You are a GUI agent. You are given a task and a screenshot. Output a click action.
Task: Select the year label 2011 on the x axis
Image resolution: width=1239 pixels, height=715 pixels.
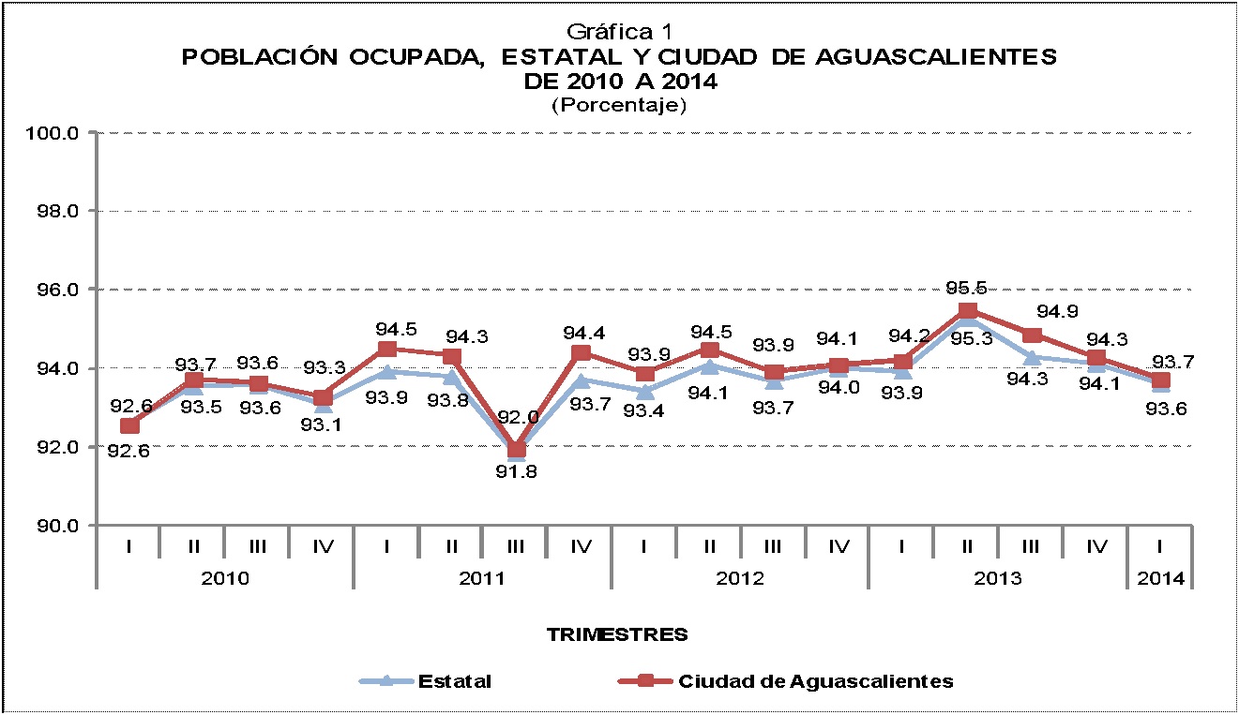(x=483, y=578)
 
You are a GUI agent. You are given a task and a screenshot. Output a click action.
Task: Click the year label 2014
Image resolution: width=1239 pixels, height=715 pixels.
(x=1160, y=578)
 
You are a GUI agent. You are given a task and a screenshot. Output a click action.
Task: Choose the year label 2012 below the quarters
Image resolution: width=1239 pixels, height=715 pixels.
(x=740, y=578)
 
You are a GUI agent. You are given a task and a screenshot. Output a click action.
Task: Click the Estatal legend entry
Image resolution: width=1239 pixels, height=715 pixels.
(x=454, y=681)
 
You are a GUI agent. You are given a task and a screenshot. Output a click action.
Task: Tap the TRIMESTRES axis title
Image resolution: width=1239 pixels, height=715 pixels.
(x=617, y=634)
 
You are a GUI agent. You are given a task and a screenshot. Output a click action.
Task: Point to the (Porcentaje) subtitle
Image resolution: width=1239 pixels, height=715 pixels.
(x=618, y=105)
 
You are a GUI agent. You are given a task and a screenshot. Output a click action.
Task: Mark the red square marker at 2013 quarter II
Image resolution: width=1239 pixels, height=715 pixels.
(x=968, y=311)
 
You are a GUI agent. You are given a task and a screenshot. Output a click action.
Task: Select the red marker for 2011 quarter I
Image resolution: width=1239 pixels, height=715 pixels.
(x=387, y=350)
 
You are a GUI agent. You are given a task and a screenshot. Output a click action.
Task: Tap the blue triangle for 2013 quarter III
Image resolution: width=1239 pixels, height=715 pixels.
(x=1032, y=356)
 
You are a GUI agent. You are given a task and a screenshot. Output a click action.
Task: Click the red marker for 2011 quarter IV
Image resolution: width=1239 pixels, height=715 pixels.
(x=581, y=352)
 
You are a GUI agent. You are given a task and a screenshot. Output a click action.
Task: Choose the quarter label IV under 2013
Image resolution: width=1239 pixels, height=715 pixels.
(x=1095, y=543)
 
